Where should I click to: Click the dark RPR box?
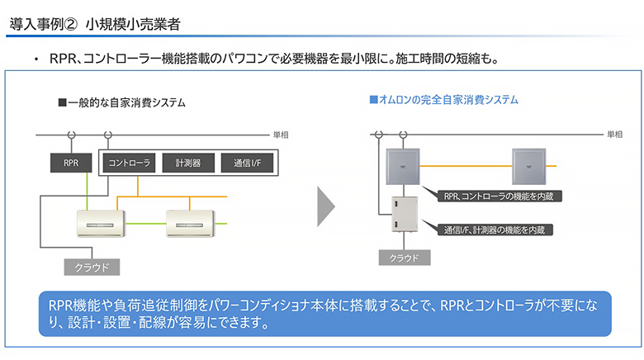point(71,163)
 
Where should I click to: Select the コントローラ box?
point(129,163)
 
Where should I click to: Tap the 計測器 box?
point(188,163)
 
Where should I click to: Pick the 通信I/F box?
point(247,163)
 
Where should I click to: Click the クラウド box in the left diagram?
point(92,268)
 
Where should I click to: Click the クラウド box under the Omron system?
point(405,258)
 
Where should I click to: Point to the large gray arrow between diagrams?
point(326,206)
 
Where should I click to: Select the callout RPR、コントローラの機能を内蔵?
point(498,196)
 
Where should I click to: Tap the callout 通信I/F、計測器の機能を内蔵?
point(494,230)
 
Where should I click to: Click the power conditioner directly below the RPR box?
point(101,224)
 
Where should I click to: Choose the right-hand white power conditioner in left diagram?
point(190,224)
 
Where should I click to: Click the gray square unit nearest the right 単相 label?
point(529,167)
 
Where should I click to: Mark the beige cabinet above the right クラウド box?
point(404,214)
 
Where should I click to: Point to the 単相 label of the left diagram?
point(281,135)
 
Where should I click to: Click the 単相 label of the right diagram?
point(615,135)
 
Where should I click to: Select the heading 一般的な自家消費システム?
point(122,102)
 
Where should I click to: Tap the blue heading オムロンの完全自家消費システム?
point(444,99)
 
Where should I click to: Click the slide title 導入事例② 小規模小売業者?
point(95,24)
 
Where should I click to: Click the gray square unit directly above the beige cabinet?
point(403,167)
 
